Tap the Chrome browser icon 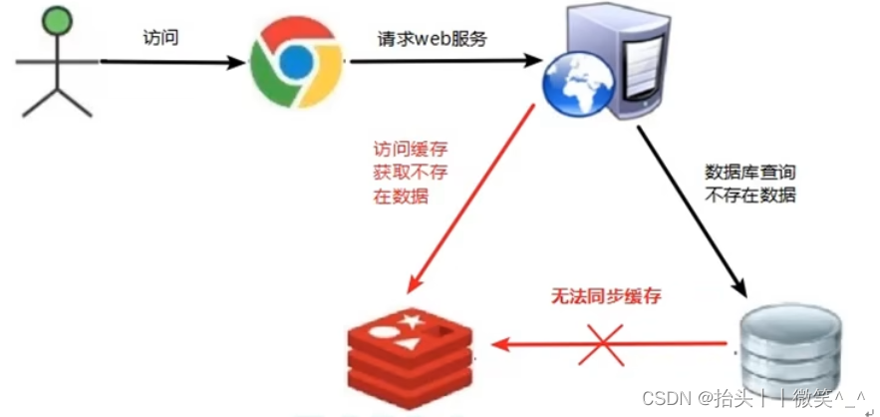click(295, 61)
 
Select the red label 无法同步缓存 click(607, 296)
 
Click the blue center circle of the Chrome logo click(295, 61)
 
